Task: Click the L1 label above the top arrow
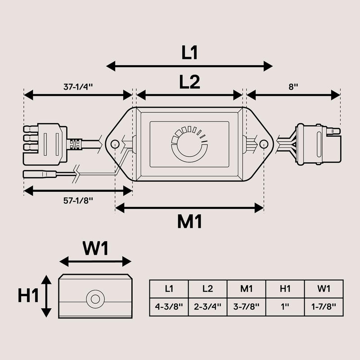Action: point(189,53)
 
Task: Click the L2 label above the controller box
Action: point(189,82)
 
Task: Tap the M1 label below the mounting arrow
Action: point(189,221)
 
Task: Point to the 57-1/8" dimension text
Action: point(78,200)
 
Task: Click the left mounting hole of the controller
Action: point(115,144)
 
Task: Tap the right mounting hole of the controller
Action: point(264,144)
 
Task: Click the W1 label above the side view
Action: point(95,248)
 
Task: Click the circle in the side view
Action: point(95,299)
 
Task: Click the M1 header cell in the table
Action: point(246,288)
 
